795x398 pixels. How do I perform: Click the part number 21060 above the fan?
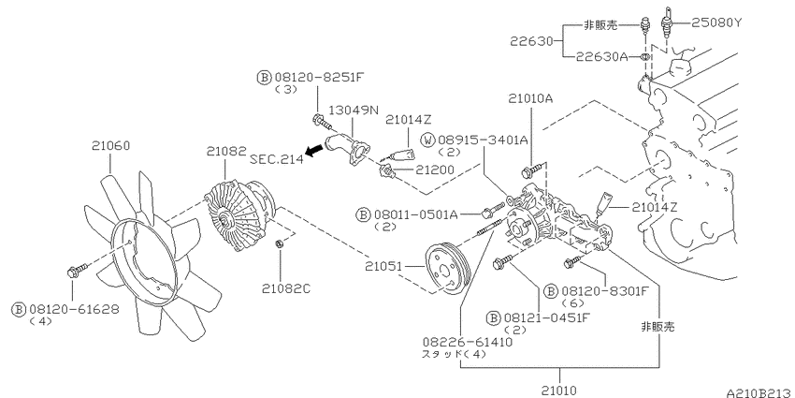click(x=110, y=146)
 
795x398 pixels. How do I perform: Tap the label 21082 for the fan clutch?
click(x=226, y=152)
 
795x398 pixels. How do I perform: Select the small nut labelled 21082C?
click(x=279, y=244)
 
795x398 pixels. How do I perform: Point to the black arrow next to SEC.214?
click(x=316, y=150)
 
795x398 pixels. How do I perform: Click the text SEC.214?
click(x=277, y=159)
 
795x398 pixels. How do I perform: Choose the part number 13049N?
click(x=354, y=111)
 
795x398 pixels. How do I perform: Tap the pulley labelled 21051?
click(x=449, y=268)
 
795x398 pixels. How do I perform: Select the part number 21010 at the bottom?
click(x=559, y=391)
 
